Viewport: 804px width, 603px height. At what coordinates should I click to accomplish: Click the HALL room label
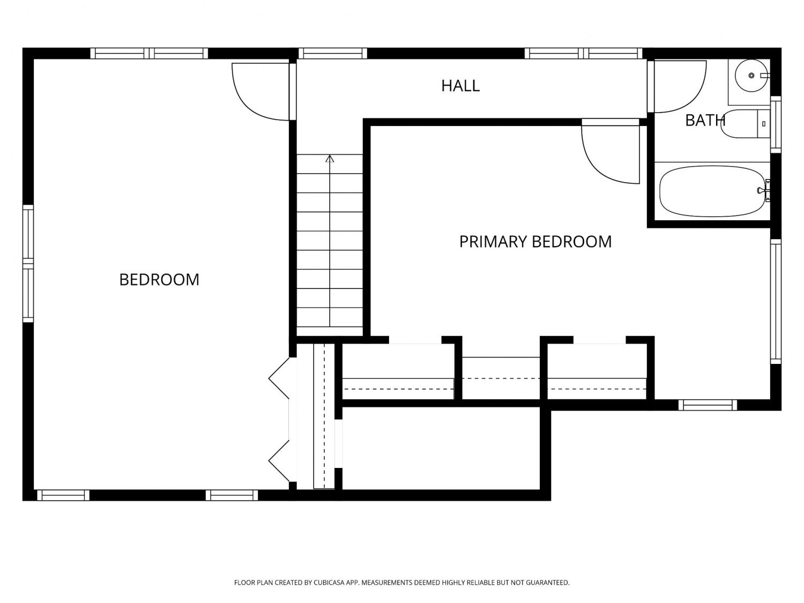460,86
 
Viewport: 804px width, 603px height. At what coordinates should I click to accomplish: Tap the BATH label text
705,121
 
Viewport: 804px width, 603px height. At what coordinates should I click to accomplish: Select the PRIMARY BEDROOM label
535,242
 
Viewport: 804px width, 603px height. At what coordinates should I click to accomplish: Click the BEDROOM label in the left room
159,280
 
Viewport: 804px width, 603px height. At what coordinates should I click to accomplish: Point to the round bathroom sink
751,76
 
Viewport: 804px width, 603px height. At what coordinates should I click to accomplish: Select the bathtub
712,191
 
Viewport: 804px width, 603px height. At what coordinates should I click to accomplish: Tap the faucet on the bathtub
764,190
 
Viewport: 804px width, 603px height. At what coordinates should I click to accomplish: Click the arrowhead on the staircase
330,159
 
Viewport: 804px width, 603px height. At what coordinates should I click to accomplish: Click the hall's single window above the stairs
333,54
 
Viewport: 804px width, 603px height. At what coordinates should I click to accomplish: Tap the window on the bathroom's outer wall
776,124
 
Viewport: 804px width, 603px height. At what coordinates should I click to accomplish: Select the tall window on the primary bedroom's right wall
776,301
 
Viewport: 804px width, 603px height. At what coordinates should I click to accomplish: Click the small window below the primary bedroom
708,405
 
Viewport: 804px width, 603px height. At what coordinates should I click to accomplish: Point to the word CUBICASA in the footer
329,582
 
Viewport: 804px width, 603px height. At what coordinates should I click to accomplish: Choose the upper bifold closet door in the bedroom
279,378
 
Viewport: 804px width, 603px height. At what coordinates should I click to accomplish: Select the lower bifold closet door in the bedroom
279,461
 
